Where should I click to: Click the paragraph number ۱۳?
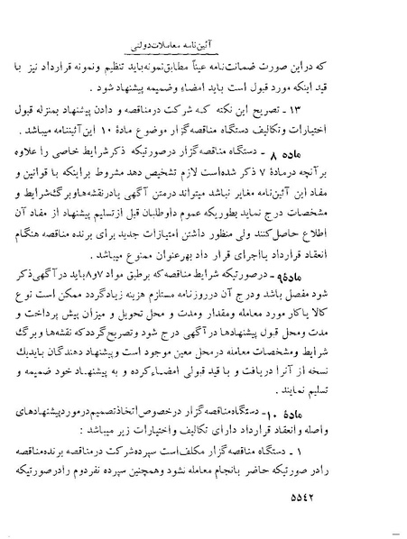[368, 108]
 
